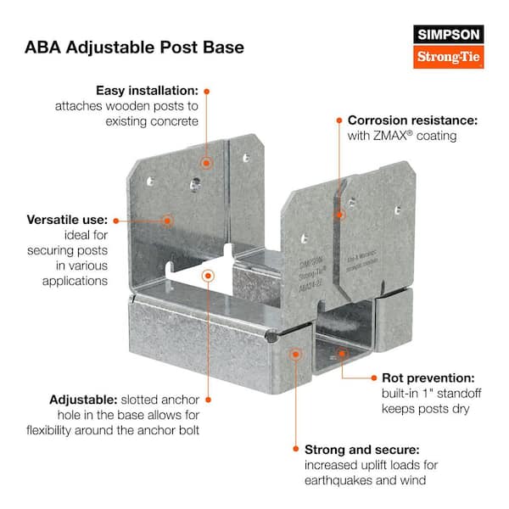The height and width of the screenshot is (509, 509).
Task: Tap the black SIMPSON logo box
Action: pyautogui.click(x=448, y=35)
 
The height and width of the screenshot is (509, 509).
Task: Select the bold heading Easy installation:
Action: pyautogui.click(x=147, y=90)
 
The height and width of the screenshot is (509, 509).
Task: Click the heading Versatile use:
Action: pyautogui.click(x=64, y=220)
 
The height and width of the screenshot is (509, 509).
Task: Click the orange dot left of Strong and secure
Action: pyautogui.click(x=294, y=448)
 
